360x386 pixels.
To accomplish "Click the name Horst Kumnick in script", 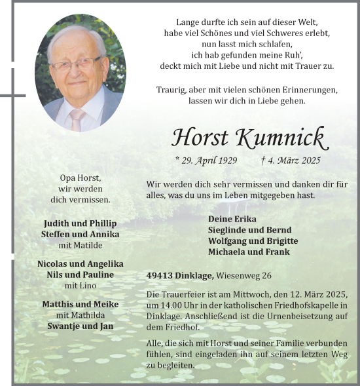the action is point(248,137).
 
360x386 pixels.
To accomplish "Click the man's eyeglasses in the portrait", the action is point(75,63).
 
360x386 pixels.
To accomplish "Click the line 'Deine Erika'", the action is point(232,219).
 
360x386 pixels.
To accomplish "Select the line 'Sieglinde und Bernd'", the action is point(249,230).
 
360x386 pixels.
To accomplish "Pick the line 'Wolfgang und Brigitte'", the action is point(253,241).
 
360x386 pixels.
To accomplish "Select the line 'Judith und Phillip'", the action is point(80,223).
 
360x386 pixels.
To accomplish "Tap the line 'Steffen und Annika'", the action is point(80,235).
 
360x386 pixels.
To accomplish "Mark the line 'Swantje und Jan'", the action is point(80,326).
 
